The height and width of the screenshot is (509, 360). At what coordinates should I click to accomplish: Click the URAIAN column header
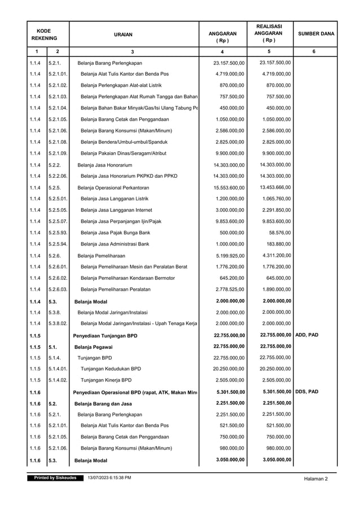[132, 34]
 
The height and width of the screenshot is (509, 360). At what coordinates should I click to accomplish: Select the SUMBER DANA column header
[315, 34]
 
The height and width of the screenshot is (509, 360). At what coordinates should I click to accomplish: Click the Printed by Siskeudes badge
[55, 478]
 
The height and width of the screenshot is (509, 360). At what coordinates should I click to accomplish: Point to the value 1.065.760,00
[274, 198]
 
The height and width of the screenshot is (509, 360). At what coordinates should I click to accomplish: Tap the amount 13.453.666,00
[273, 187]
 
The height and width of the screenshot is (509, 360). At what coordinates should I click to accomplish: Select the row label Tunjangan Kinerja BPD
[106, 380]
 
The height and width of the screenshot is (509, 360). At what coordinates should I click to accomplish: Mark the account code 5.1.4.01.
[58, 369]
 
